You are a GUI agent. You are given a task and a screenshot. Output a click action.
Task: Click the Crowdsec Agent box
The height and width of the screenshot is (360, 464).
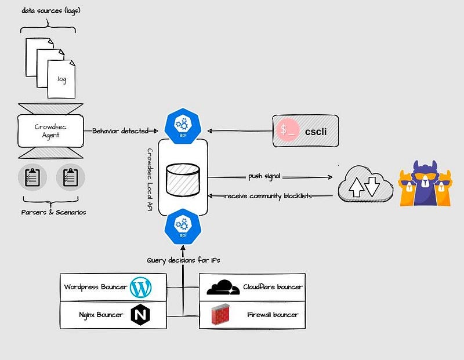point(50,131)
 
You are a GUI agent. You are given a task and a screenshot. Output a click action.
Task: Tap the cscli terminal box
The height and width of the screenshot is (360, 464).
point(306,131)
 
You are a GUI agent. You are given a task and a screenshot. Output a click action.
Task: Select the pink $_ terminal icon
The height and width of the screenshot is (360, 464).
point(287,130)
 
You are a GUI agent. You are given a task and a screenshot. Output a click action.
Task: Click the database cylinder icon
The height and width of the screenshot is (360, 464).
point(183,180)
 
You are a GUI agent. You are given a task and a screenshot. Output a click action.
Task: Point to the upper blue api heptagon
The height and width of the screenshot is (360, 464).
point(183,126)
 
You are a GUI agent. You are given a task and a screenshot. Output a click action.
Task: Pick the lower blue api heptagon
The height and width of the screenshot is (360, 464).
point(183,227)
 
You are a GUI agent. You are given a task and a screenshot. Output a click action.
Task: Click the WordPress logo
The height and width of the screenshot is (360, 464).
point(140,287)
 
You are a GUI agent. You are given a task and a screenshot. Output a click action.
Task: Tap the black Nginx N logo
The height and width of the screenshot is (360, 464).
point(140,314)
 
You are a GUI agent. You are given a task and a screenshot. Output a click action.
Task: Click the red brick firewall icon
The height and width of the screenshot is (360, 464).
point(220,314)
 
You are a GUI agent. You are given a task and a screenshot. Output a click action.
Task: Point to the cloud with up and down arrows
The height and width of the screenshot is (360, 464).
point(365,184)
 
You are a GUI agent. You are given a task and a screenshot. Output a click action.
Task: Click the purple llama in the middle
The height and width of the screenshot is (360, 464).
point(425,183)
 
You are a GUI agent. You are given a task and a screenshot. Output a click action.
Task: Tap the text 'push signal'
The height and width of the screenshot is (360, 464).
point(264,176)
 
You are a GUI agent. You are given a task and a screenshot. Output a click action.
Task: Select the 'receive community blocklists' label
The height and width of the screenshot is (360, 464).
point(268,196)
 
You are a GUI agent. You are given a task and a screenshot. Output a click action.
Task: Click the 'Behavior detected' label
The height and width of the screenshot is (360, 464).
point(121,131)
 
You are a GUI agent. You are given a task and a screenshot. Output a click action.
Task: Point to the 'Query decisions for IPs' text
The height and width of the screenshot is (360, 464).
point(183,260)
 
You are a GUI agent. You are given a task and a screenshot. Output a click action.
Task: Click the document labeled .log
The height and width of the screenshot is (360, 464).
point(61,79)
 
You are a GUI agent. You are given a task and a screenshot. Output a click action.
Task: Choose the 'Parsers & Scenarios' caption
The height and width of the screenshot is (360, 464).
point(53,212)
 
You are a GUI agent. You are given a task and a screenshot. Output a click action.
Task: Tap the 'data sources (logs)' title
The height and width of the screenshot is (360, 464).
point(51,11)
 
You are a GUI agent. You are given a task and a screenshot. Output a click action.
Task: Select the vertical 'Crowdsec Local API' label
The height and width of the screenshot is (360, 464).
point(150,180)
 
